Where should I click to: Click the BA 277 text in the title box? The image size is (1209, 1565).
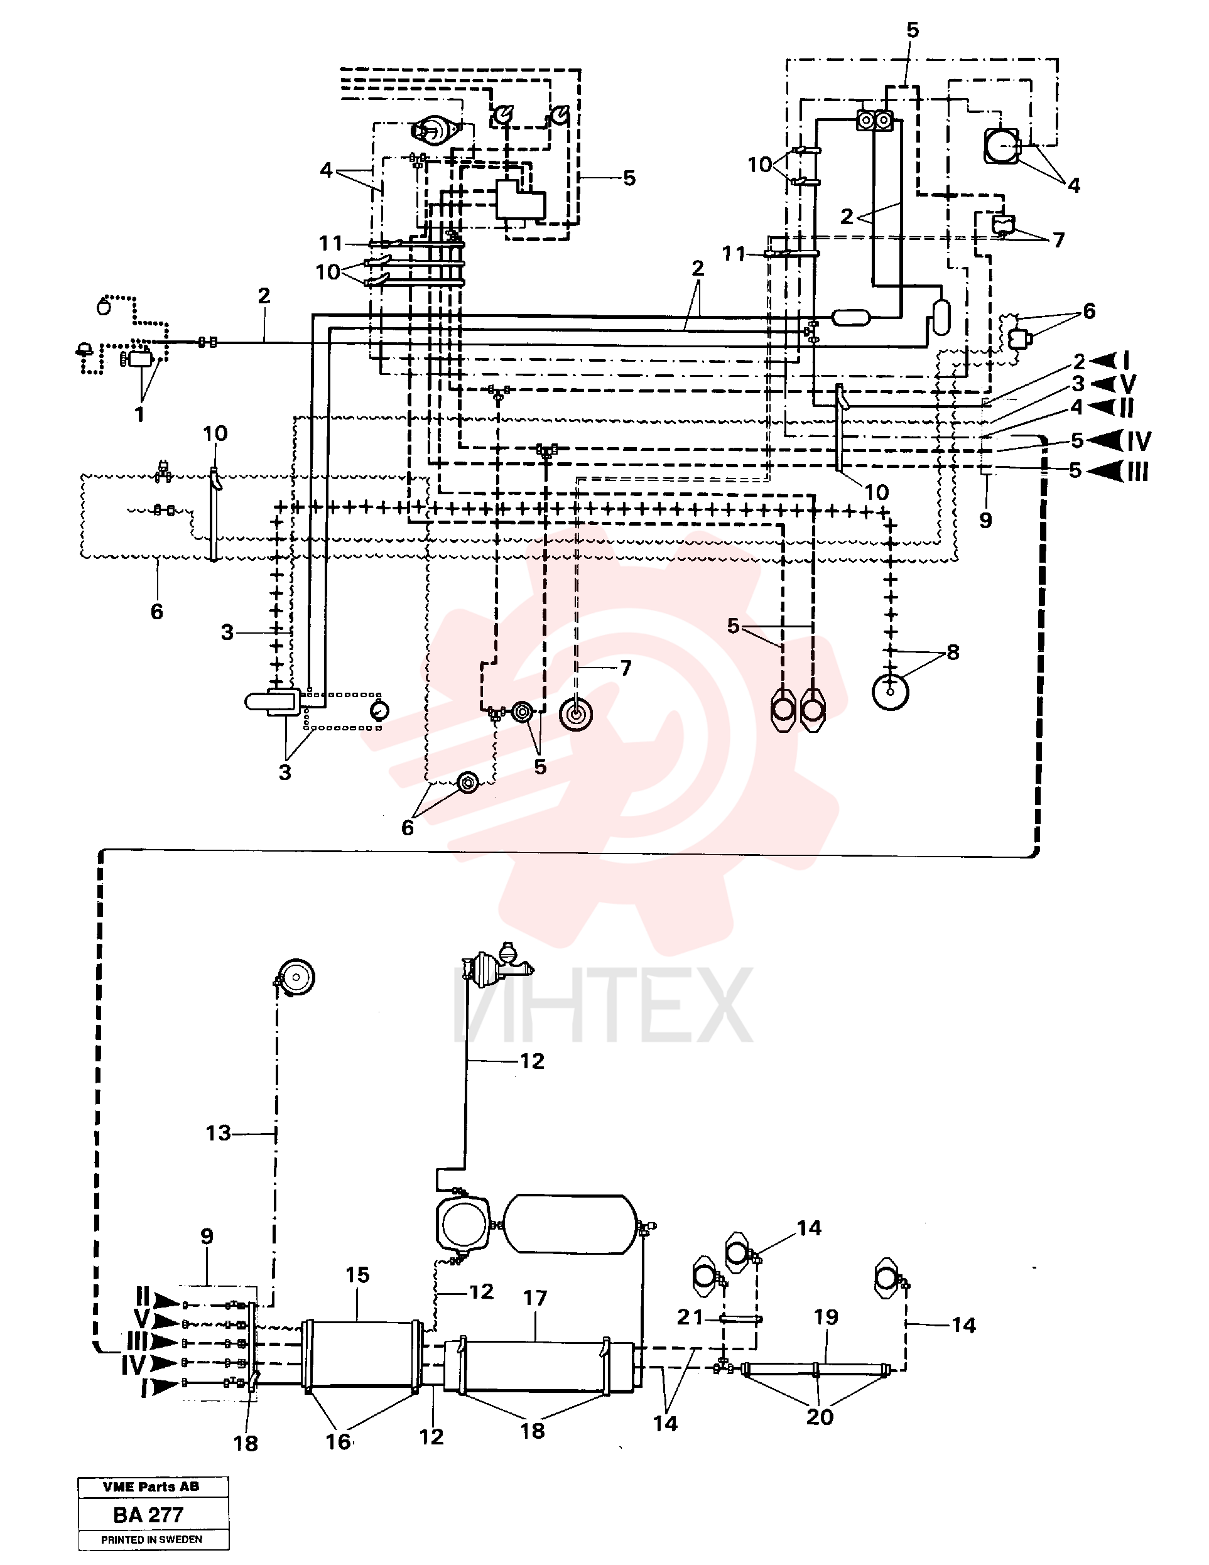click(148, 1515)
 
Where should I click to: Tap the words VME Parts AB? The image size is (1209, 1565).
click(151, 1487)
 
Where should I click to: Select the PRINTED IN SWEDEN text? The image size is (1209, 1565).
click(151, 1539)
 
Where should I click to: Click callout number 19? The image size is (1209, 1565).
click(826, 1316)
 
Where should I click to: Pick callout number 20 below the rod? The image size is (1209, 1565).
click(820, 1417)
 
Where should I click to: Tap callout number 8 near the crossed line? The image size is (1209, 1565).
click(952, 652)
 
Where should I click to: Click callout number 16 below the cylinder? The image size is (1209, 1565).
click(339, 1441)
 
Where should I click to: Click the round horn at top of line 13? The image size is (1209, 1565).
click(295, 977)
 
